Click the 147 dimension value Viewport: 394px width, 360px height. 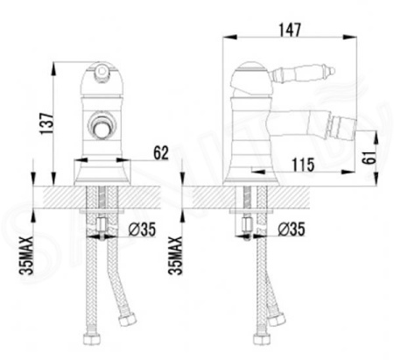click(x=290, y=30)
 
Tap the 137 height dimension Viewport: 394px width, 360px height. click(x=46, y=124)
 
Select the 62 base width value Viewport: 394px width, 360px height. click(x=161, y=153)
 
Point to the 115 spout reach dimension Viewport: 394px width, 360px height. click(x=304, y=165)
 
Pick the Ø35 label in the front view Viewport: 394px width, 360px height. click(x=143, y=229)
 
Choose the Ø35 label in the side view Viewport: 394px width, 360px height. click(x=292, y=229)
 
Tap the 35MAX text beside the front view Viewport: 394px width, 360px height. click(x=26, y=256)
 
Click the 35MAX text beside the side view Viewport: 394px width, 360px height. click(x=175, y=256)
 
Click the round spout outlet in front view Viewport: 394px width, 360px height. click(x=102, y=127)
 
